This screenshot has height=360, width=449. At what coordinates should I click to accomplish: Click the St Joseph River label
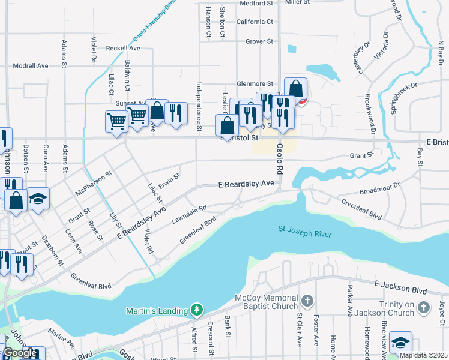(x=304, y=230)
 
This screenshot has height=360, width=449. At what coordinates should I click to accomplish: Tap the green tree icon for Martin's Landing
(x=196, y=310)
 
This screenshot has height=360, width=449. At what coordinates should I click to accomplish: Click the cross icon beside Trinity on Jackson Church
(x=424, y=308)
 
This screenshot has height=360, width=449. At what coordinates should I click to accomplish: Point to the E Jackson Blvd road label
(x=400, y=287)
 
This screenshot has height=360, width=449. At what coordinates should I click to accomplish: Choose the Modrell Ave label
(x=30, y=66)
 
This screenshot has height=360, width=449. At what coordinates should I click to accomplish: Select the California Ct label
(x=255, y=22)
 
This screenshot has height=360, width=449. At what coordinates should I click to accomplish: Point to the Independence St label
(x=199, y=107)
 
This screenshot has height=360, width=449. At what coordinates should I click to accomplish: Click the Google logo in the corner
(x=20, y=353)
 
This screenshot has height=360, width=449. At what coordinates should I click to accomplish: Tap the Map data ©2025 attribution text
(x=423, y=355)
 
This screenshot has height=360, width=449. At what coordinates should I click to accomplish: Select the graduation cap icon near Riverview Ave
(x=400, y=342)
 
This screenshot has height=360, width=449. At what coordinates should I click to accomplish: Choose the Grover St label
(x=259, y=41)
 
